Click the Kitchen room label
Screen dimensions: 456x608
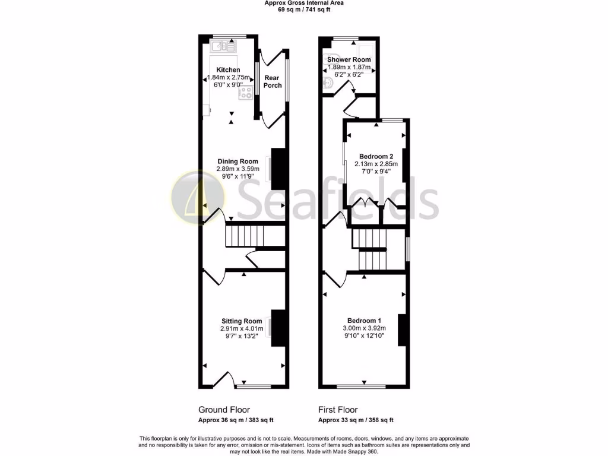tap(228, 70)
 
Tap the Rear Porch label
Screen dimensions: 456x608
tap(273, 82)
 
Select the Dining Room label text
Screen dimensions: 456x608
tap(237, 161)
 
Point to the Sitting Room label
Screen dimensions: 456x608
tap(242, 321)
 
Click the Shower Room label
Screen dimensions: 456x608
tap(349, 60)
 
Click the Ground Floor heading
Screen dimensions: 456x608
tap(224, 410)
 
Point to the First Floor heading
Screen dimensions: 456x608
tap(338, 410)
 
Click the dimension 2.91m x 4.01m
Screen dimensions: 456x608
tap(242, 328)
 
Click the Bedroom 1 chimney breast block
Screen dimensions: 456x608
tap(403, 330)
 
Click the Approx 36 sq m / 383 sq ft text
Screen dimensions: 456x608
tap(236, 420)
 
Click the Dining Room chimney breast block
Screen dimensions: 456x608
tap(279, 164)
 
